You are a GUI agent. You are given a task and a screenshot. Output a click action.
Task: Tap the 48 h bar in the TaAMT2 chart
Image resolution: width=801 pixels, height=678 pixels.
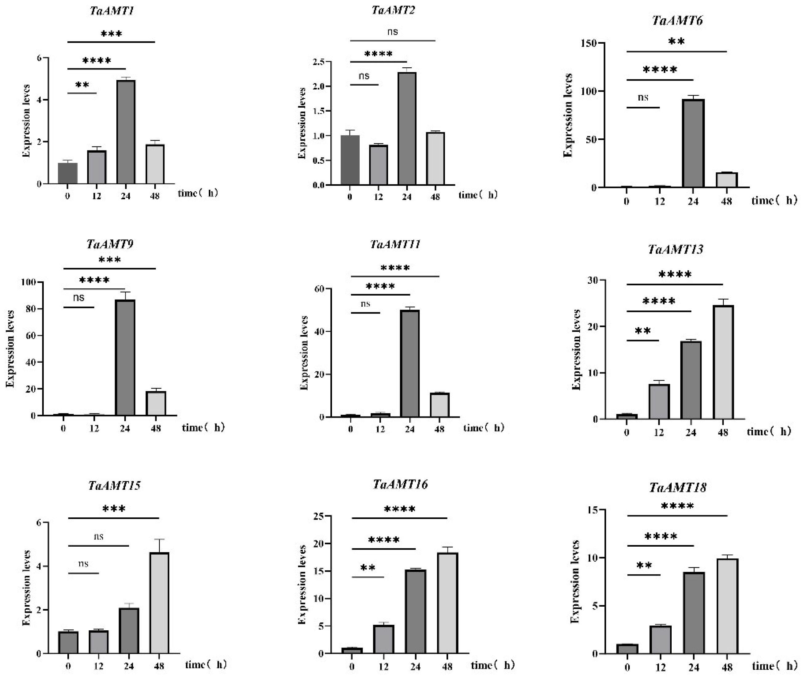pyautogui.click(x=435, y=159)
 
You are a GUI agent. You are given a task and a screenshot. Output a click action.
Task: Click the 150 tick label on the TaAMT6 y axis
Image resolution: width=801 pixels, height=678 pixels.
pyautogui.click(x=589, y=43)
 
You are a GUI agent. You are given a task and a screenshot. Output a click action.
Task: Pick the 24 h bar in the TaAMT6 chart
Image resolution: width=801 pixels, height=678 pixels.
pyautogui.click(x=693, y=143)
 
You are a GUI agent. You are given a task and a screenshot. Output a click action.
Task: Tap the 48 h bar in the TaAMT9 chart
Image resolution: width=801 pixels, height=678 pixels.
pyautogui.click(x=156, y=404)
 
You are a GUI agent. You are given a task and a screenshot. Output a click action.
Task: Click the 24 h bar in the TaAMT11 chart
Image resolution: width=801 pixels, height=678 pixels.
pyautogui.click(x=410, y=363)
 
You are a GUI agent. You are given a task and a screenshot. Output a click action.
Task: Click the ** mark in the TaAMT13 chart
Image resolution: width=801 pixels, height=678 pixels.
pyautogui.click(x=642, y=331)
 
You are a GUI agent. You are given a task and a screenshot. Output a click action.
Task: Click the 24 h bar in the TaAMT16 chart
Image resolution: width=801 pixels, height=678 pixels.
pyautogui.click(x=415, y=611)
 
